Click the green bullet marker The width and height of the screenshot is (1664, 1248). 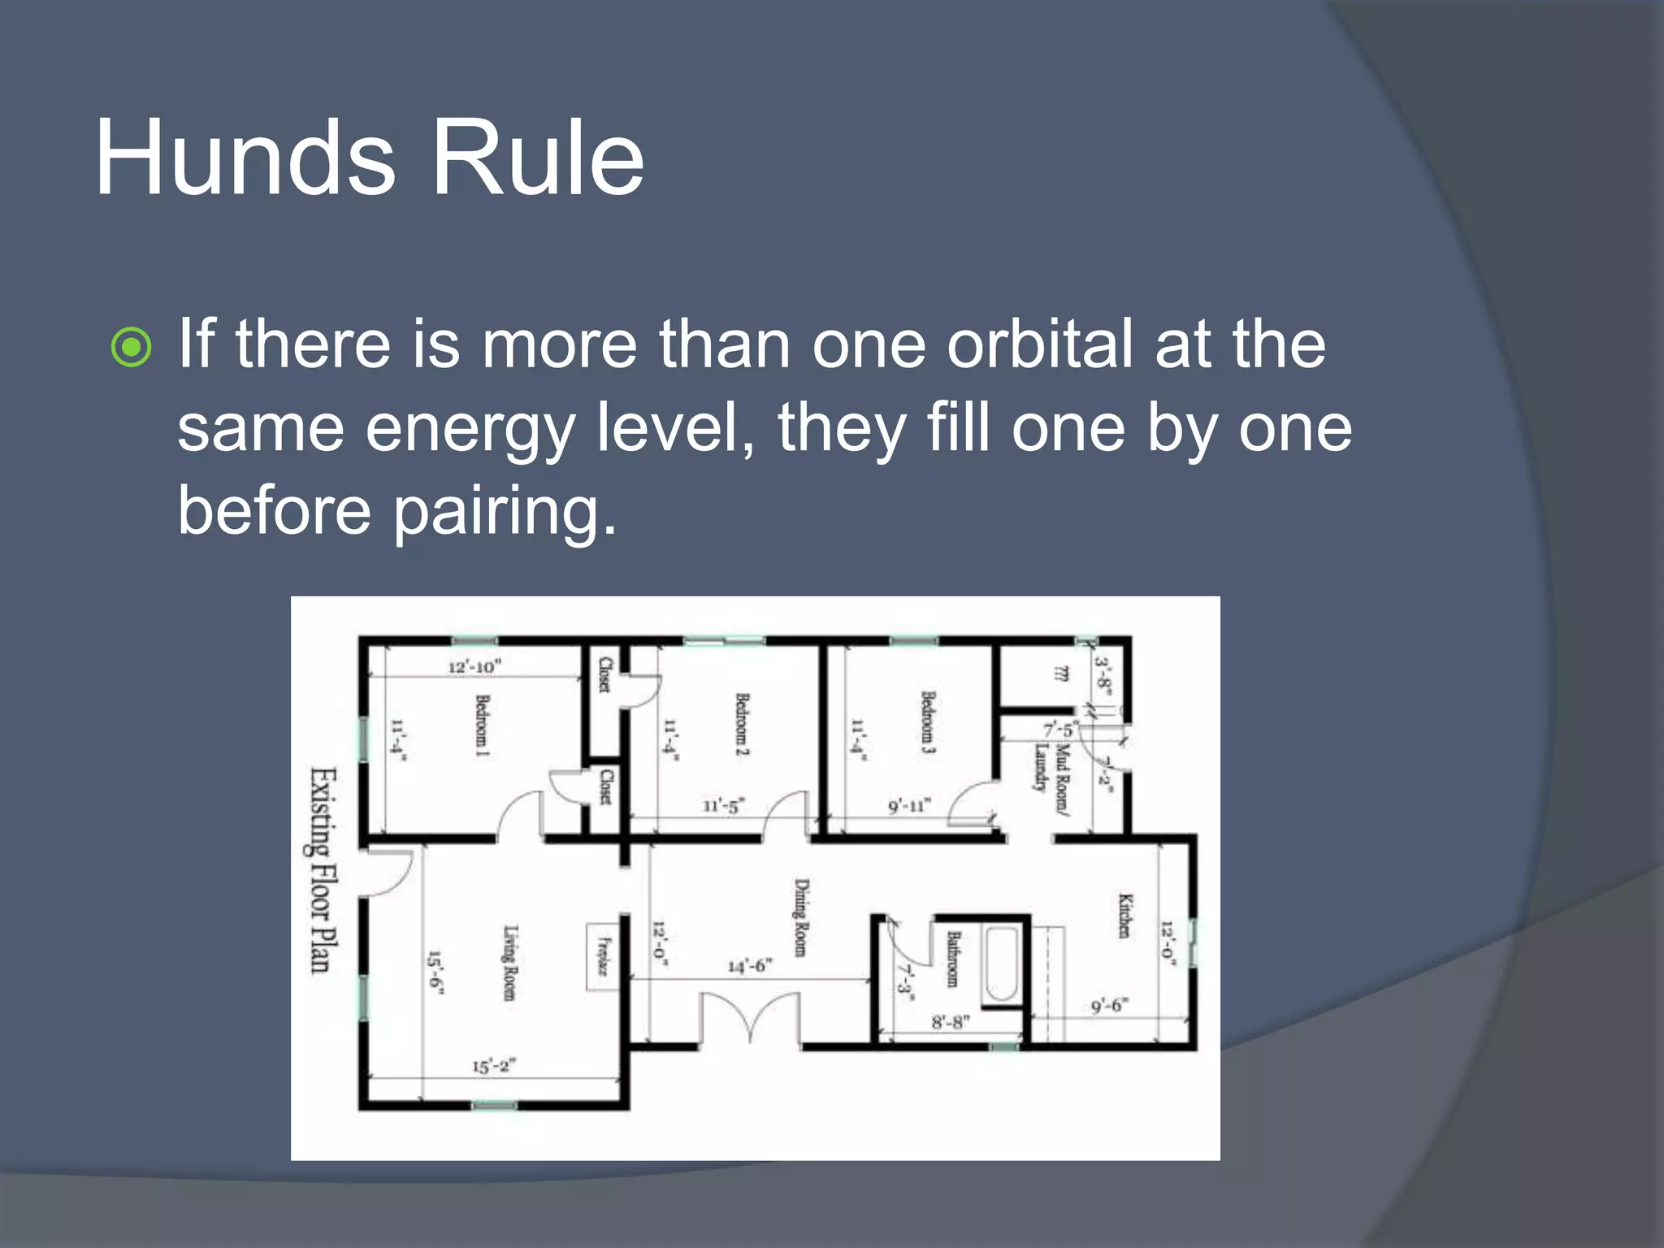[131, 348]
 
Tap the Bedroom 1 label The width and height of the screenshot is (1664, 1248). [482, 726]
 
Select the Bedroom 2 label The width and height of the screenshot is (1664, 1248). [742, 724]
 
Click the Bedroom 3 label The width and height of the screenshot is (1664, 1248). [928, 722]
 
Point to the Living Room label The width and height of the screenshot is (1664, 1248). [509, 963]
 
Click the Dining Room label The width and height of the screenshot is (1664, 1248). [801, 917]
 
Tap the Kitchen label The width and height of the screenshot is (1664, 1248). [1125, 916]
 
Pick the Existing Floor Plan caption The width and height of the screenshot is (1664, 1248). [323, 869]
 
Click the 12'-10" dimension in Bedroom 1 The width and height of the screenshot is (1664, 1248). [475, 666]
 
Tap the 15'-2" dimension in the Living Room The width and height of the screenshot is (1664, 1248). [494, 1066]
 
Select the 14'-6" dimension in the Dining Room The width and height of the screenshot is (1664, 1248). [749, 966]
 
